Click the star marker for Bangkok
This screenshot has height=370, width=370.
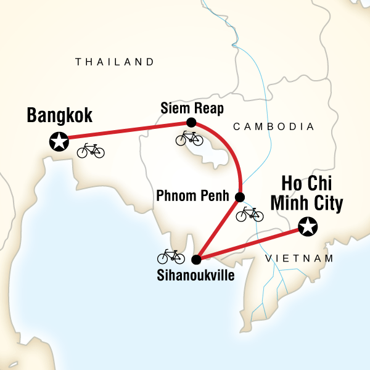[59, 142]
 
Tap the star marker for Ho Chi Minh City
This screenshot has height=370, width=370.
[307, 227]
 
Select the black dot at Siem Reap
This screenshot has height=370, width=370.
[191, 122]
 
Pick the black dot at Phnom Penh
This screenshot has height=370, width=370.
[240, 197]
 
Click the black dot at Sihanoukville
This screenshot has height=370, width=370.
[197, 260]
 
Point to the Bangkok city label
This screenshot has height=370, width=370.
[59, 115]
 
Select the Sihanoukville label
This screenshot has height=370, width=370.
[196, 275]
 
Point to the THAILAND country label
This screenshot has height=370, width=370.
[114, 62]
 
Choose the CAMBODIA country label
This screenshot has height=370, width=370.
[274, 126]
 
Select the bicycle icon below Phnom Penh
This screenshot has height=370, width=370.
[250, 214]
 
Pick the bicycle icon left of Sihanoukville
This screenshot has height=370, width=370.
[171, 256]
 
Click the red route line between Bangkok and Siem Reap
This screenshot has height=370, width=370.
[123, 132]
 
